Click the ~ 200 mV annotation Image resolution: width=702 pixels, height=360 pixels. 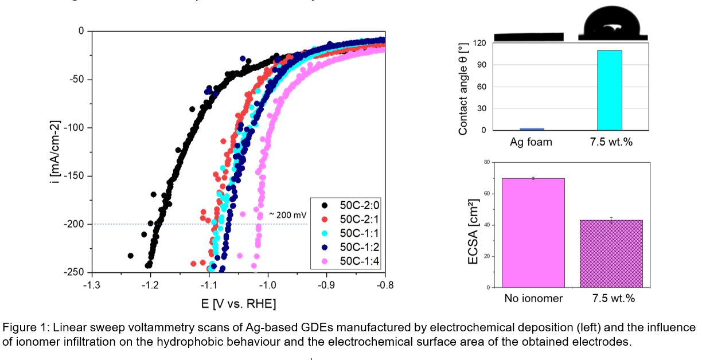(x=287, y=214)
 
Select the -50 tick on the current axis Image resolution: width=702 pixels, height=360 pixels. (x=76, y=79)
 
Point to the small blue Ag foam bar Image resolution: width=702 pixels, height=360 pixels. (x=531, y=129)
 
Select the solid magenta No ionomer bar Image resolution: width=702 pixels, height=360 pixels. (x=533, y=232)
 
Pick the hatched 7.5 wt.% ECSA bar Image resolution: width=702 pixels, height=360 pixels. (x=611, y=253)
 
